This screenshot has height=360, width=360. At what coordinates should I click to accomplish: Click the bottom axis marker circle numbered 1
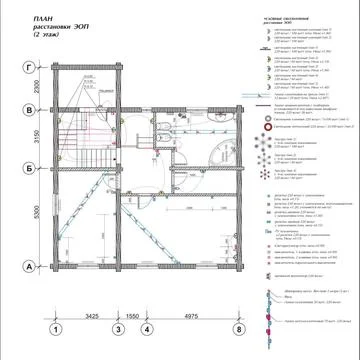click(57, 327)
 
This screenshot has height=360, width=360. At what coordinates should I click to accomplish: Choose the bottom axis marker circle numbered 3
click(118, 327)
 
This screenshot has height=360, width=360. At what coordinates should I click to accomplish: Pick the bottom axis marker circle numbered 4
click(147, 327)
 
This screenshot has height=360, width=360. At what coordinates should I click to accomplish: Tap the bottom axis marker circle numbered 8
click(238, 327)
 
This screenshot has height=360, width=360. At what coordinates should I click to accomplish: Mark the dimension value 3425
click(87, 313)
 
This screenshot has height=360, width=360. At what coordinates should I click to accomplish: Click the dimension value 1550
click(132, 313)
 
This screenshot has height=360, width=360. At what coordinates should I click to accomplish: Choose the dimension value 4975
click(192, 313)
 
